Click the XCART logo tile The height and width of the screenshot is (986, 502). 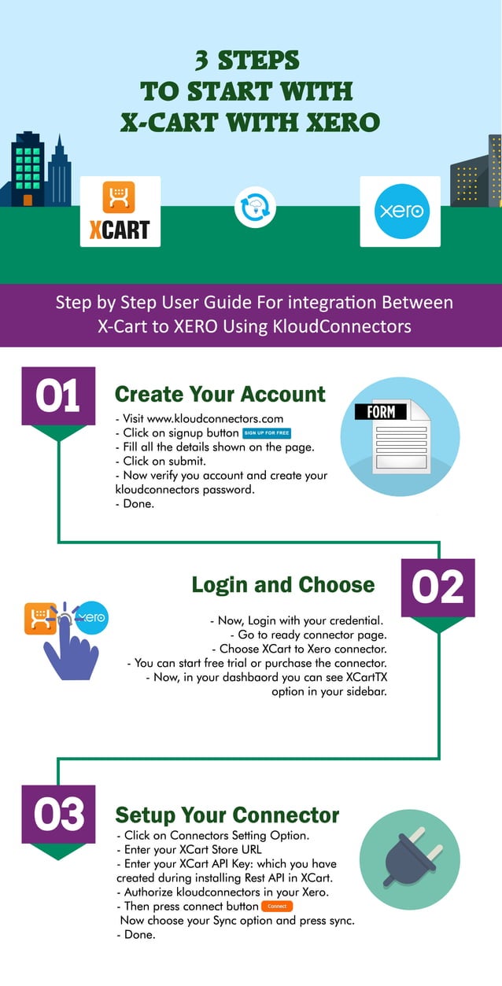pyautogui.click(x=120, y=211)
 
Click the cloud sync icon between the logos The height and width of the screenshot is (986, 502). pyautogui.click(x=254, y=210)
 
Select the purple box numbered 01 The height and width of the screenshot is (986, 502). pyautogui.click(x=58, y=396)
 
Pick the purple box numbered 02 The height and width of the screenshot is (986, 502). pyautogui.click(x=438, y=587)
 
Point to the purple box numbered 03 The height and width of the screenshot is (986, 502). pyautogui.click(x=58, y=814)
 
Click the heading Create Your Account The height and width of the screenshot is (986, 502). pyautogui.click(x=220, y=394)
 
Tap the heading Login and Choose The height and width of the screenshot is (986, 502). pyautogui.click(x=283, y=585)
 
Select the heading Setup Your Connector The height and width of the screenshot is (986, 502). pyautogui.click(x=227, y=815)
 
